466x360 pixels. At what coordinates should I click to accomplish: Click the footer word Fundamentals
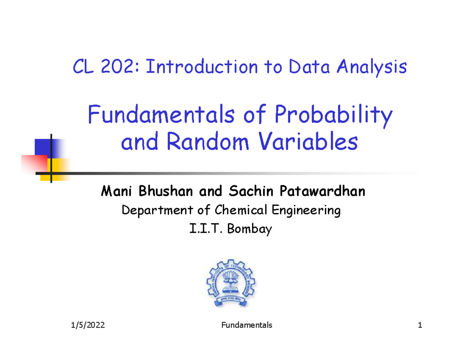[x=247, y=325]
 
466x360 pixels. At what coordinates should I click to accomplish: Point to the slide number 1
[x=420, y=325]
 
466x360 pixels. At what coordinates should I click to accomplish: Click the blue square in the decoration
[x=43, y=148]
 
